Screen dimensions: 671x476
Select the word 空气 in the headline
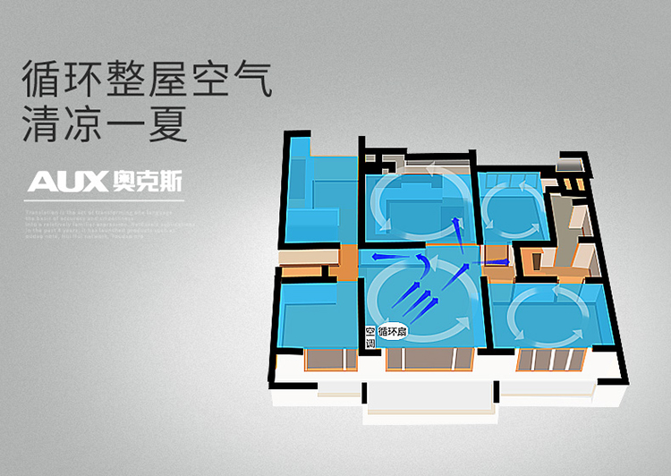(227, 81)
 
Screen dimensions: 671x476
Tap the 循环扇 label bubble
(393, 331)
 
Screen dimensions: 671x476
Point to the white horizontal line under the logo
(106, 200)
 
